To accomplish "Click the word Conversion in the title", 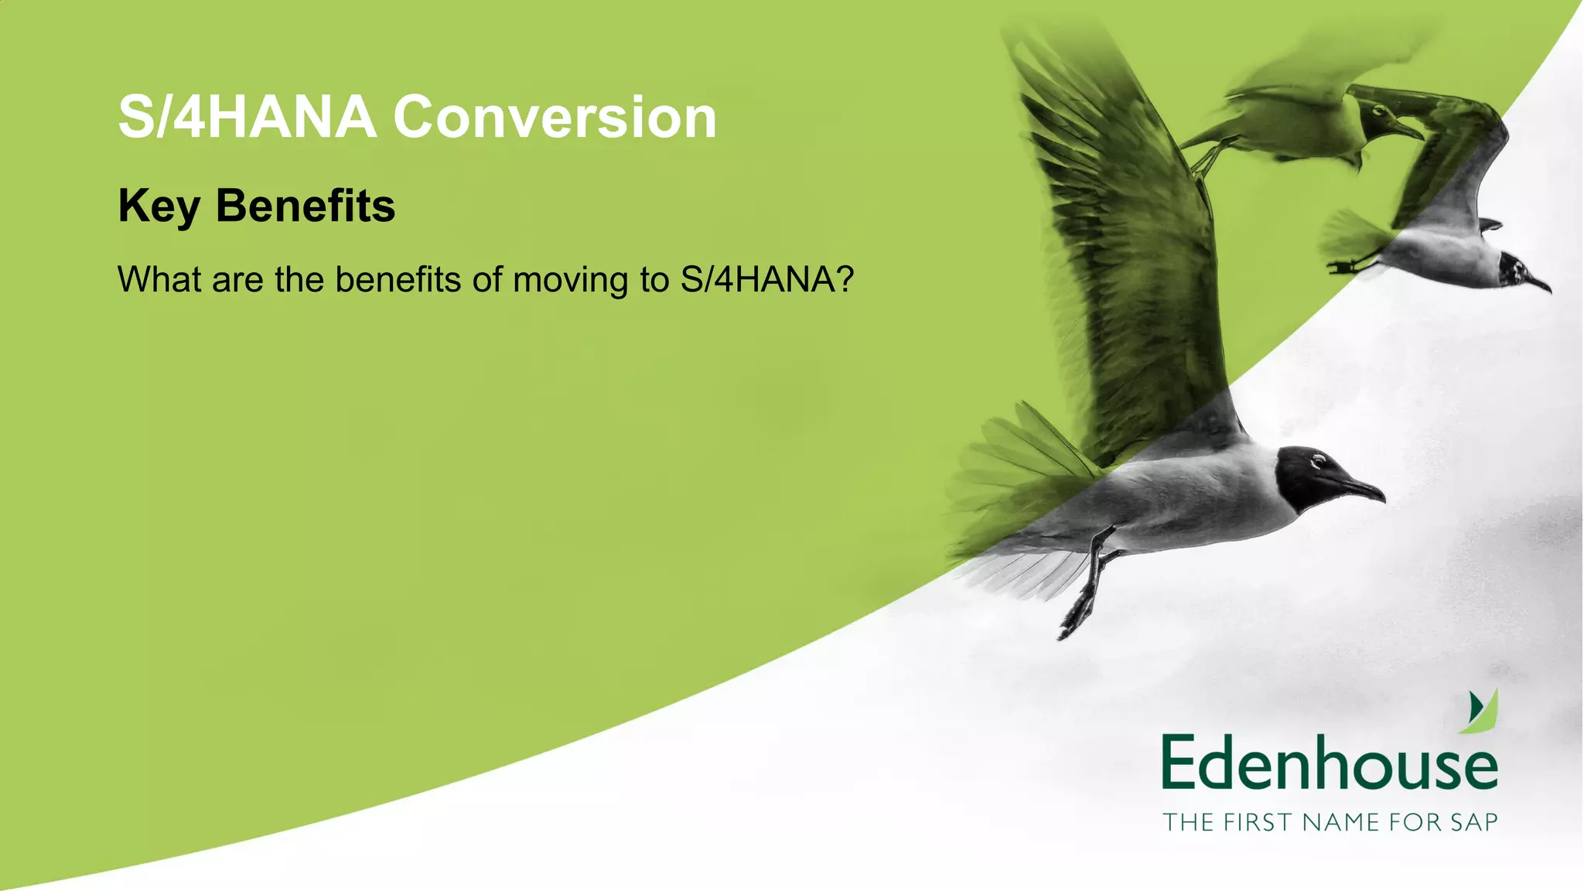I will pos(555,118).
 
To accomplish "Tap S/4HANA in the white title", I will pos(247,118).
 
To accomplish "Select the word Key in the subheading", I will pos(159,207).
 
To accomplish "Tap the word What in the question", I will pos(160,279).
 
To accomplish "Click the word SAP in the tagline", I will pos(1473,822).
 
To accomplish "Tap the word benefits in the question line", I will pos(398,279).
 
